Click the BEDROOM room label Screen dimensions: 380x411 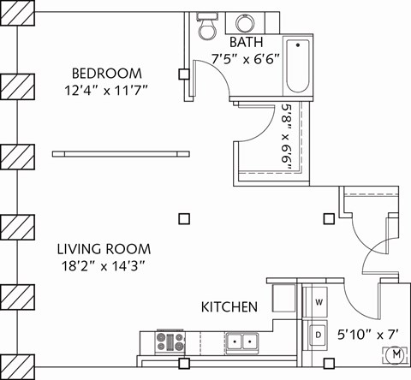point(106,73)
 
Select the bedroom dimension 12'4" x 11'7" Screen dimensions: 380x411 point(106,89)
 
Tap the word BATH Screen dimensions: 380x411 point(245,42)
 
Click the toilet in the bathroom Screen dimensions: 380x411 point(205,27)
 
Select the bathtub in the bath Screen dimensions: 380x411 point(297,66)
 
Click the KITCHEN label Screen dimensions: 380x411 point(229,306)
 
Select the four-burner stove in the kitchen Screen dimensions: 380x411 point(169,342)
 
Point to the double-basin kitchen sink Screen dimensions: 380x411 point(242,342)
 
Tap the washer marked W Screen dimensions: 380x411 point(318,303)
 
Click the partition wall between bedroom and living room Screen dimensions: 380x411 point(120,153)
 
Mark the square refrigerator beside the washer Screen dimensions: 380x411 point(284,296)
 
